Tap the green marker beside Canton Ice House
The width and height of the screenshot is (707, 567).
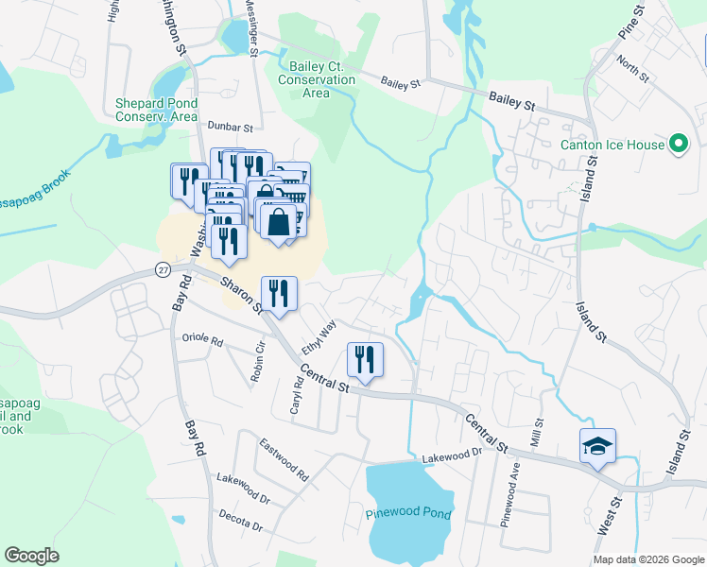(678, 145)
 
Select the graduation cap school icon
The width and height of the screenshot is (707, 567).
(597, 446)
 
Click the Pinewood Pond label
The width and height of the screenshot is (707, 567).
(408, 515)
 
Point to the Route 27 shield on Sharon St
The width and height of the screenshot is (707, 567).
(162, 270)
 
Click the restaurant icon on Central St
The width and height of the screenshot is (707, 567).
(365, 360)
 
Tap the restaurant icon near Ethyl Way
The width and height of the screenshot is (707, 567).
(279, 294)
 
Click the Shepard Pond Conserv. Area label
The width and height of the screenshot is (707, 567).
(156, 110)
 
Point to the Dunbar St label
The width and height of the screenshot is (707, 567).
(232, 127)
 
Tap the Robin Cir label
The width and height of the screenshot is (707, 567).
(258, 360)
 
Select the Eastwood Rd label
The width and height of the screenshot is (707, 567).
(284, 457)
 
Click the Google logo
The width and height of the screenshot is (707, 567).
(31, 556)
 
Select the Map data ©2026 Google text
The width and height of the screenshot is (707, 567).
(647, 559)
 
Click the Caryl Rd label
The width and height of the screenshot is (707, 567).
(296, 397)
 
